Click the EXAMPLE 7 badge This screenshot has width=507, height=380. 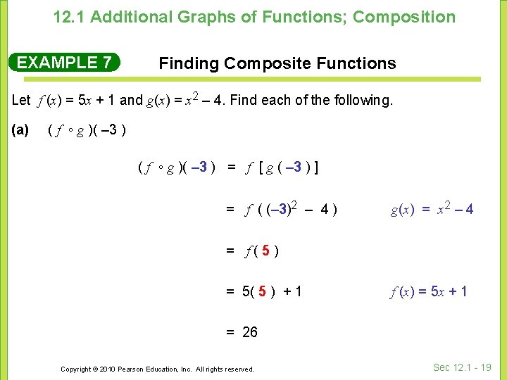coord(64,63)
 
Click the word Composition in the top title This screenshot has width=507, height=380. coord(404,17)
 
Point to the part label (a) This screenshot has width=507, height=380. coord(20,130)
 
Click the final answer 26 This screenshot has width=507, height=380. coord(250,332)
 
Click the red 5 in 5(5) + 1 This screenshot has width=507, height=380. coord(262,291)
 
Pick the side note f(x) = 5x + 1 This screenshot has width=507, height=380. coord(429,291)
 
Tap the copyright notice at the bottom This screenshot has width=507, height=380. coord(157,369)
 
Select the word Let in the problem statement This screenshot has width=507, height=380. coord(21,100)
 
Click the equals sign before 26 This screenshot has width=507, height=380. coord(230,332)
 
